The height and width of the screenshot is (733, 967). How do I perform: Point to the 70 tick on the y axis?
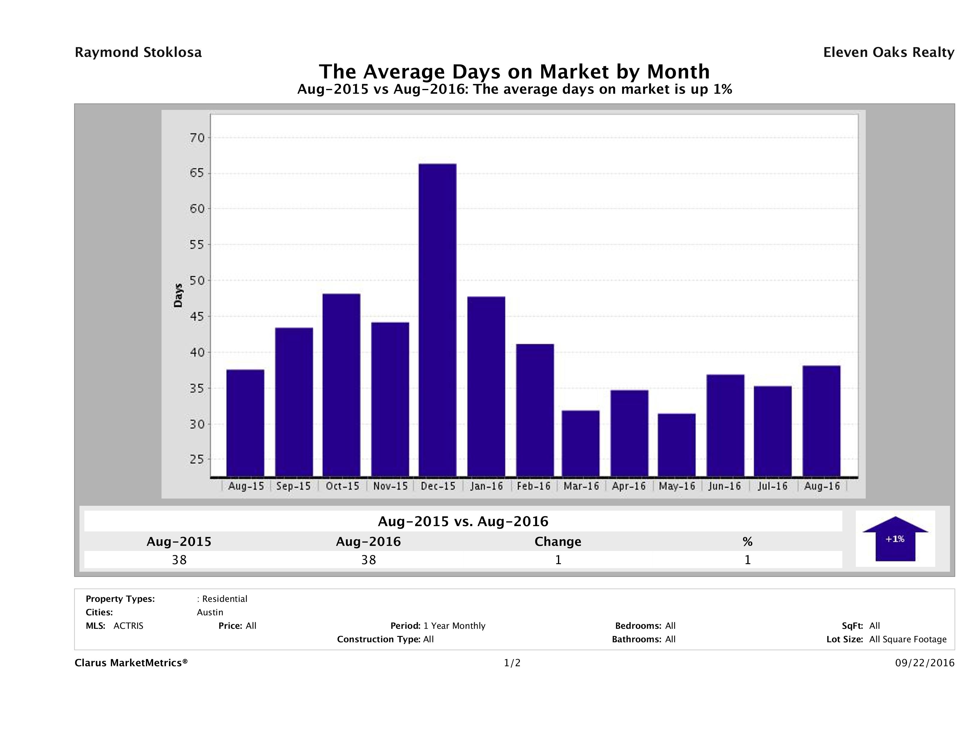click(x=197, y=138)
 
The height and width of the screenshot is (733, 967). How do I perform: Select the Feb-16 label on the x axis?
click(x=533, y=486)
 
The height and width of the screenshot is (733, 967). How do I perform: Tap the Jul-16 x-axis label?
click(x=773, y=486)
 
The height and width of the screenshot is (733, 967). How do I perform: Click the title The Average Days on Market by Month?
click(x=514, y=71)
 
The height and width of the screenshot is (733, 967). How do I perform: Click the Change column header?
click(x=558, y=542)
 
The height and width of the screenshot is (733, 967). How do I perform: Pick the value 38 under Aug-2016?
click(x=369, y=560)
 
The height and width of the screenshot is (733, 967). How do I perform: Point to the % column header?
click(x=747, y=542)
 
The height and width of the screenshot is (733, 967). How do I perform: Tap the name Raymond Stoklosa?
click(x=138, y=52)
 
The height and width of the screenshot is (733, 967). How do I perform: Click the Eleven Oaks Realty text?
click(x=888, y=52)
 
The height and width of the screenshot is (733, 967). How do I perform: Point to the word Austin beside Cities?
click(x=210, y=612)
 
